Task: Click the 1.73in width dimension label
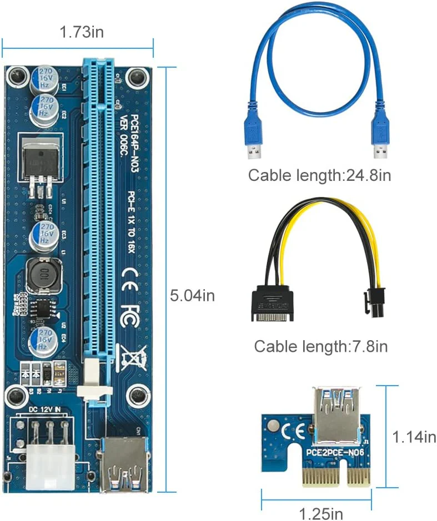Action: click(82, 32)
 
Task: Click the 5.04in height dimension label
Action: click(192, 295)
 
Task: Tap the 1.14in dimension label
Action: click(414, 437)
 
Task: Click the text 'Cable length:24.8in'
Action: click(319, 176)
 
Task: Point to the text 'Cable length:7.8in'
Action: click(320, 347)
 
